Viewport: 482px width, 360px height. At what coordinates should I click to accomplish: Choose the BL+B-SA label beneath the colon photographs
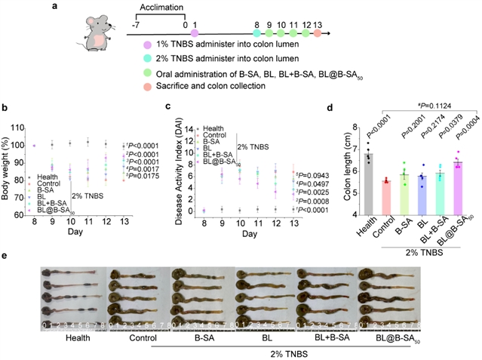[x=319, y=338]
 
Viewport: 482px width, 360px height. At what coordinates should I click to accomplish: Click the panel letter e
[x=6, y=256]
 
